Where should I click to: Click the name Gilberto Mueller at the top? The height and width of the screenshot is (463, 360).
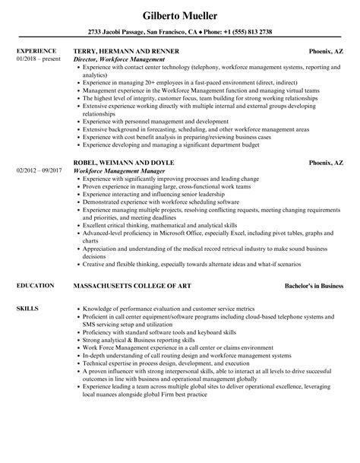click(180, 16)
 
